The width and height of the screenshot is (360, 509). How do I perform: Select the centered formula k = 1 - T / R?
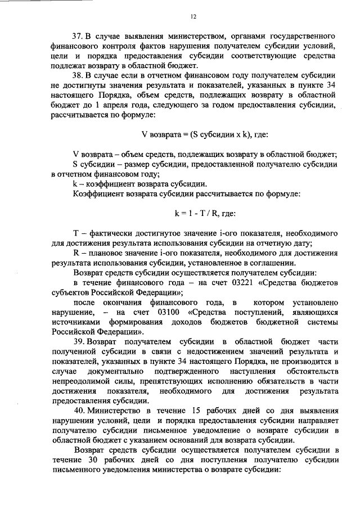(x=194, y=214)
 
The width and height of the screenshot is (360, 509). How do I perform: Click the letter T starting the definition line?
(x=76, y=233)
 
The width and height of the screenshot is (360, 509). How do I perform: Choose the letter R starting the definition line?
(x=76, y=253)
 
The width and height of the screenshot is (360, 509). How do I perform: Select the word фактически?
(x=111, y=233)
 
